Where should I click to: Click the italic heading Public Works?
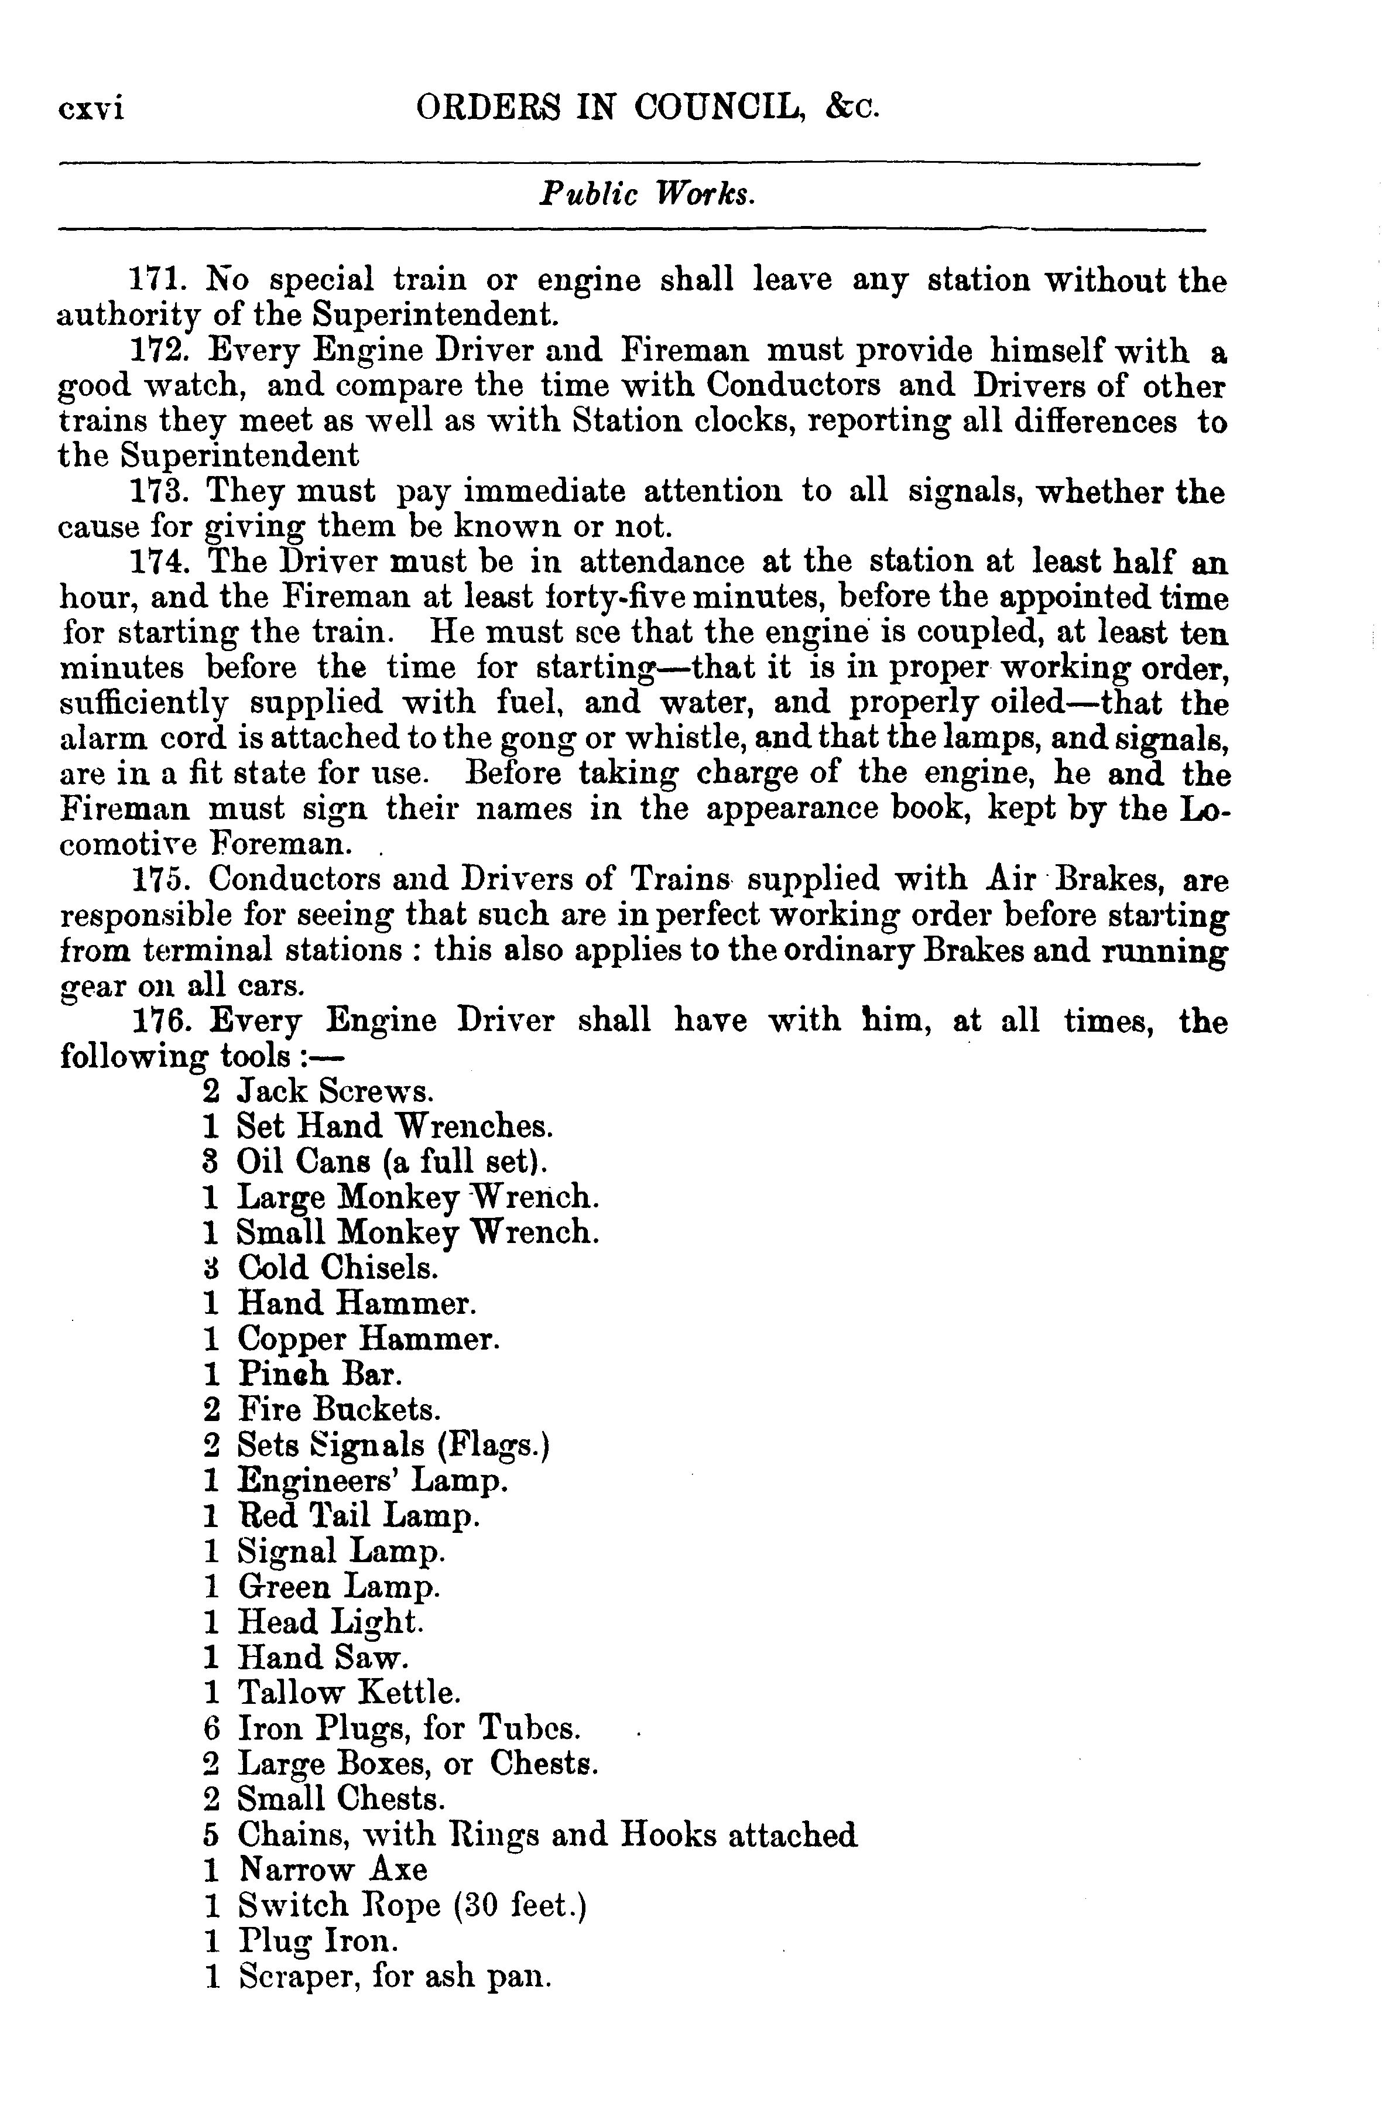(x=648, y=195)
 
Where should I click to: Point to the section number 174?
(x=156, y=563)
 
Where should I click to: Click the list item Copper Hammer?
(x=368, y=1340)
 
